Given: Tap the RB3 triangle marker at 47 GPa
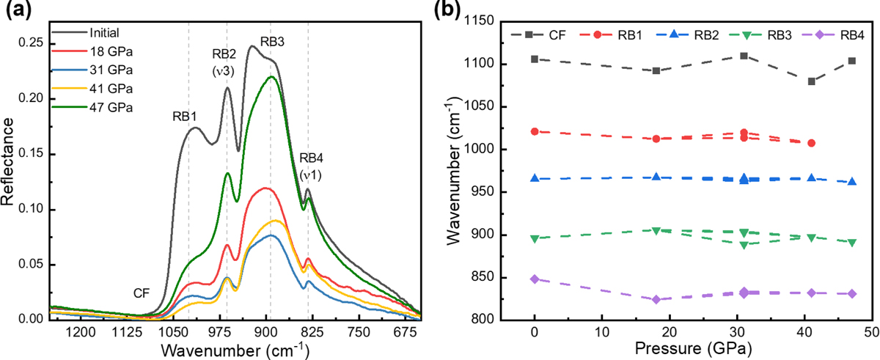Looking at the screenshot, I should tap(852, 242).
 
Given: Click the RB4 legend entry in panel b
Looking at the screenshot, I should tap(840, 35).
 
